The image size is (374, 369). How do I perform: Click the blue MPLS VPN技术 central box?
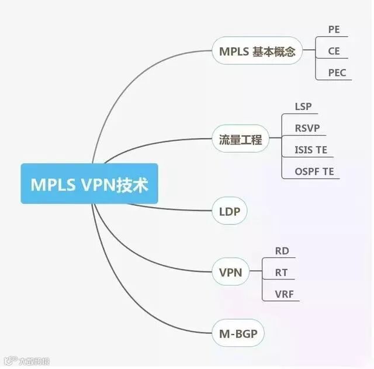89,183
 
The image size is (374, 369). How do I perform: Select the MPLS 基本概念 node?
257,51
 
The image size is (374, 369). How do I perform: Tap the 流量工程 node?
240,140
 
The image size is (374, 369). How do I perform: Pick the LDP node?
229,211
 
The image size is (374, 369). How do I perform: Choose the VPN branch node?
230,272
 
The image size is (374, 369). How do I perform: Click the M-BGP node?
238,334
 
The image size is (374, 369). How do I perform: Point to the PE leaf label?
334,29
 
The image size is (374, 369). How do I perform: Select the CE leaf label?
334,51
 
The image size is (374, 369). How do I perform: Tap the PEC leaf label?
337,73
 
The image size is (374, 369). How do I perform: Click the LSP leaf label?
303,106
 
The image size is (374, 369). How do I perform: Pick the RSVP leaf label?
307,128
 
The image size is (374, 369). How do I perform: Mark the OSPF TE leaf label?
314,172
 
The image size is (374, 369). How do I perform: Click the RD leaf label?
281,251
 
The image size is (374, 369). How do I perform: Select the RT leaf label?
281,272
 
